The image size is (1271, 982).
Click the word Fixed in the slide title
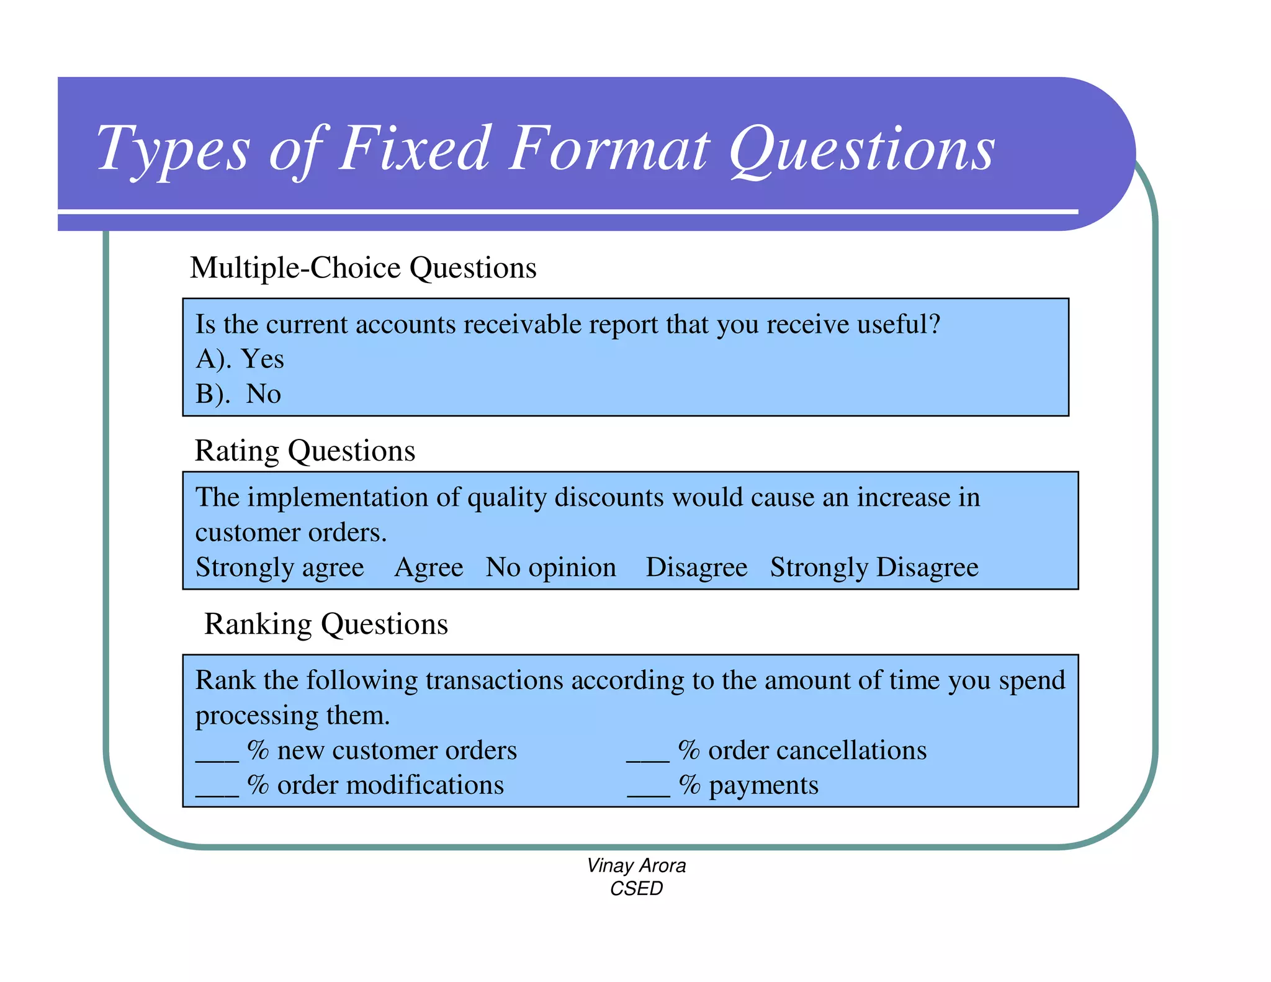(415, 149)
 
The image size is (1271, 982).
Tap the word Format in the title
(608, 149)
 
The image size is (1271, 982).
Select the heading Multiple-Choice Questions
(363, 268)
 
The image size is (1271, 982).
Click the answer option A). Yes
(240, 359)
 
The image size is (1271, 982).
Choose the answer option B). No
(238, 394)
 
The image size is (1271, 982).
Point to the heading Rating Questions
(305, 451)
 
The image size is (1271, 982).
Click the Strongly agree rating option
(280, 567)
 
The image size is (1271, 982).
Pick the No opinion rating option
(550, 567)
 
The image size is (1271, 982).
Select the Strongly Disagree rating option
(874, 567)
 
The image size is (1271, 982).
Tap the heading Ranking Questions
(326, 624)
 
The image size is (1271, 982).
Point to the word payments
(763, 786)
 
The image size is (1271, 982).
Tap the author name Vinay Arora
(636, 865)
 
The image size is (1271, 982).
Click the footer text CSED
(636, 889)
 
